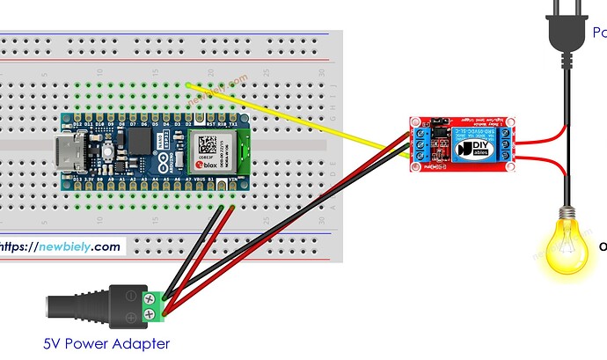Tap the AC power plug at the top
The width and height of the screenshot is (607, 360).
pos(564,34)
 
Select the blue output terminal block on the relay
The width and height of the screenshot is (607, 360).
pos(508,145)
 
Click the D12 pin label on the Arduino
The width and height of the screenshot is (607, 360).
pos(78,124)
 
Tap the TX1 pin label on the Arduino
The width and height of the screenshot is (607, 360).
pos(232,124)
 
